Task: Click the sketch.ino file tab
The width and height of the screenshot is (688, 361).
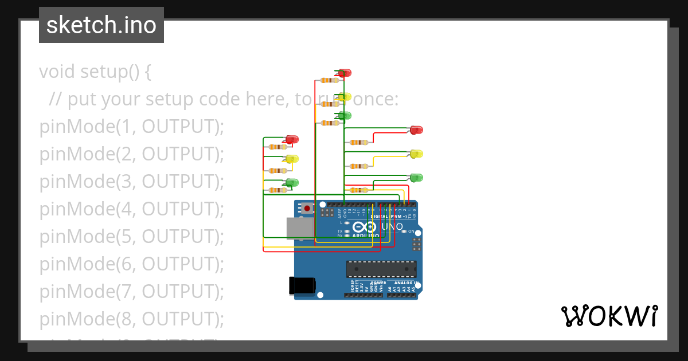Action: [101, 25]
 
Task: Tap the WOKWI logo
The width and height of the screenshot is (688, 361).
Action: [609, 316]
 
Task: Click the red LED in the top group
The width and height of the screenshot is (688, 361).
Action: [345, 73]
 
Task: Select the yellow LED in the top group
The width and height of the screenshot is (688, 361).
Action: [344, 97]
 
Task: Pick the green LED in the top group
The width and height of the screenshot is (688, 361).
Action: [344, 116]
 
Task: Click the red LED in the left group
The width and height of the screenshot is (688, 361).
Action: [292, 139]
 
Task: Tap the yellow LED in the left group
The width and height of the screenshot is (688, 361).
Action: [292, 159]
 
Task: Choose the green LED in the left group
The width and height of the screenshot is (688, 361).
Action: [292, 183]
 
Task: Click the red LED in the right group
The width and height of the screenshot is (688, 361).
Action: [416, 130]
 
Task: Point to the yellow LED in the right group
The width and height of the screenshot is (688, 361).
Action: [416, 154]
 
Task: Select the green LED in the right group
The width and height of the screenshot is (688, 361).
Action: [416, 178]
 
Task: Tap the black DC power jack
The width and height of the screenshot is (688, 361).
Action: [302, 285]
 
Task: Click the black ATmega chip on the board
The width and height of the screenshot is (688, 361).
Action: [381, 269]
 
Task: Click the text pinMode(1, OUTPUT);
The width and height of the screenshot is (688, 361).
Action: [131, 127]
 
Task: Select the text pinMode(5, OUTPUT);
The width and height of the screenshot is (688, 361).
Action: [131, 236]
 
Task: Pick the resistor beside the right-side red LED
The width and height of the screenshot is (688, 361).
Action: [359, 142]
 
